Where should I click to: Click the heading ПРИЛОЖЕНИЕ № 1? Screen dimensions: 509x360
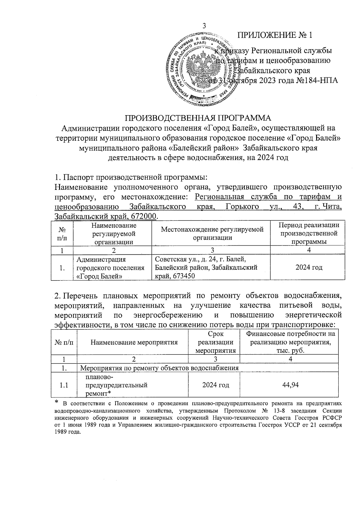275,35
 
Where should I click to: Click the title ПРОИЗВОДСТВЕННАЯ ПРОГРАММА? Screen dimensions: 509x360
198,117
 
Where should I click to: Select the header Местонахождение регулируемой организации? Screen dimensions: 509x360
212,233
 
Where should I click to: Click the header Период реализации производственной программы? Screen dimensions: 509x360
309,233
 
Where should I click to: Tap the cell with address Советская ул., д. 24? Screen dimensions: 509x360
200,259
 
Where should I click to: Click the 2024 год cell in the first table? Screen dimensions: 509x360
309,267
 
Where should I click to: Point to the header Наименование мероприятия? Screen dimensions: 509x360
134,342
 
